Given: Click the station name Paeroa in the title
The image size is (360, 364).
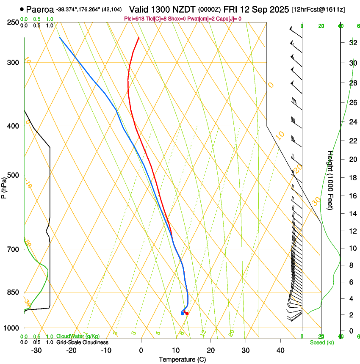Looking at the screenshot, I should click(40, 9).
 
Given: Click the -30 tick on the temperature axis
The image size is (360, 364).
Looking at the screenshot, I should click(36, 350).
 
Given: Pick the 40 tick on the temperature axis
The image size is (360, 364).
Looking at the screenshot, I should click(280, 350).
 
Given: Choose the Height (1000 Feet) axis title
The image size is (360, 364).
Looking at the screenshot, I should click(330, 180).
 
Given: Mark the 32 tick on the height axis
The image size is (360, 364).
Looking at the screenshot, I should click(352, 43).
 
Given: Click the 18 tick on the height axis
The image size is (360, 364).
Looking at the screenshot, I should click(352, 177).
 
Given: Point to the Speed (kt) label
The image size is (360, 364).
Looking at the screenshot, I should click(321, 342).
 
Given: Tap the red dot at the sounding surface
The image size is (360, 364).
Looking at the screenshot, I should click(187, 314).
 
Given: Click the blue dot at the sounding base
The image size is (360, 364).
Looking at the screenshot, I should click(182, 314).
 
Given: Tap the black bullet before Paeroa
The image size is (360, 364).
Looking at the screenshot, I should click(22, 9).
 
